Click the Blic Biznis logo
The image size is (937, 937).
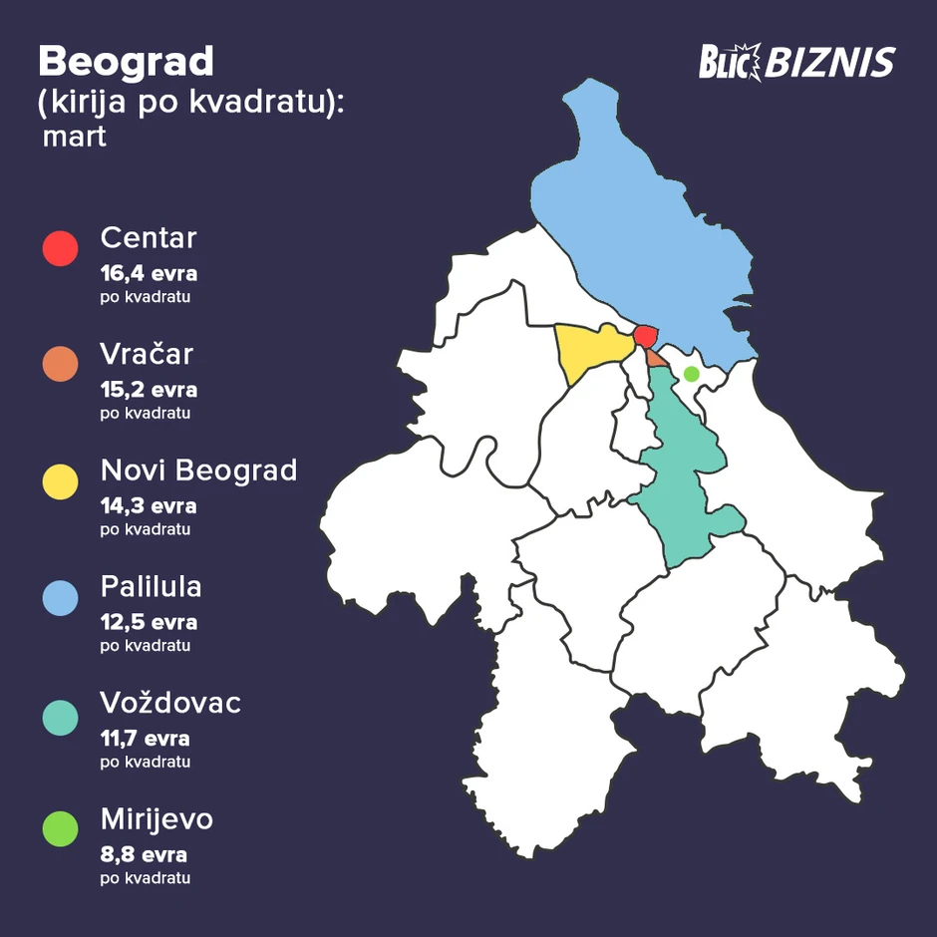[795, 64]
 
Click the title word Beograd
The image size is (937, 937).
[126, 62]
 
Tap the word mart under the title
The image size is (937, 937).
[74, 137]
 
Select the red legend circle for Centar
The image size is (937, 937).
[60, 248]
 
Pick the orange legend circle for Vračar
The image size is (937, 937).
[60, 364]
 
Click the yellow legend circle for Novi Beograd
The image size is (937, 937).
[60, 480]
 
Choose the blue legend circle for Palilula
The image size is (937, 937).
[60, 597]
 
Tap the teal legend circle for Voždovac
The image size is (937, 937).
[60, 714]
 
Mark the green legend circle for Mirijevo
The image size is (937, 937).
[60, 829]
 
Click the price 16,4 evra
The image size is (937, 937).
[149, 274]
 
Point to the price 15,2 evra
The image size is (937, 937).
[149, 390]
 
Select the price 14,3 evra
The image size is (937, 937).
[149, 506]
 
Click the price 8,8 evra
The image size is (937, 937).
[144, 855]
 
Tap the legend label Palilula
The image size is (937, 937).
[151, 587]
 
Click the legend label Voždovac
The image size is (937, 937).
[170, 704]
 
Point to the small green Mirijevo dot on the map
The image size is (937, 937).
[691, 374]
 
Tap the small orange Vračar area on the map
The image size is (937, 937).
[656, 357]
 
